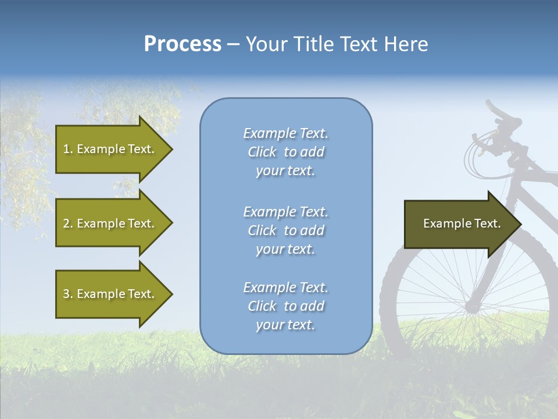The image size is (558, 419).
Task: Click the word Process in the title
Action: (183, 44)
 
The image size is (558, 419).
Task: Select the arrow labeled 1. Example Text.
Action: (110, 149)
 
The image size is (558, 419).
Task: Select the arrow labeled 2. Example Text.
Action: (110, 223)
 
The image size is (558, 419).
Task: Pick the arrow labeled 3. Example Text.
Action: (110, 294)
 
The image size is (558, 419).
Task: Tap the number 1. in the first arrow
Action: (68, 149)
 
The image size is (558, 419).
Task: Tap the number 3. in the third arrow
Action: (68, 294)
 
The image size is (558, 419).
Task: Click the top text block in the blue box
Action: (285, 152)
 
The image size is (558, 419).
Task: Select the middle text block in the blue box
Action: (285, 230)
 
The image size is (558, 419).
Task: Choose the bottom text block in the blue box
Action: (285, 306)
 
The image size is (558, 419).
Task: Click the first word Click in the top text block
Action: (262, 152)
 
